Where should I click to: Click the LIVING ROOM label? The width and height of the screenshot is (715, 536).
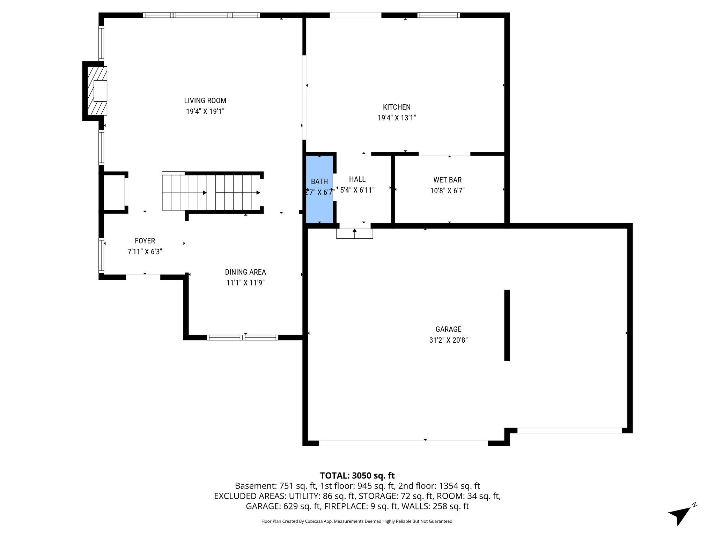(205, 100)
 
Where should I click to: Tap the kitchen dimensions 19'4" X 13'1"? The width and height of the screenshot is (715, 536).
(397, 118)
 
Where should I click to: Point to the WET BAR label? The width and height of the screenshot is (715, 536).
(447, 180)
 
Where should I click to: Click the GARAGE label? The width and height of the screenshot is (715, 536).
(448, 329)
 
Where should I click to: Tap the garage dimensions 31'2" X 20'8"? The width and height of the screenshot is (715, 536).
(448, 340)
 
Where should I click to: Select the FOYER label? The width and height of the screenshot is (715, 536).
(145, 241)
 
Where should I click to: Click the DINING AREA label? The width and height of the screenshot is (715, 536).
(245, 272)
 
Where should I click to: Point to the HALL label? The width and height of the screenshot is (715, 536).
(357, 179)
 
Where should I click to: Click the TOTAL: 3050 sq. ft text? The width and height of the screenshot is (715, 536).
(357, 476)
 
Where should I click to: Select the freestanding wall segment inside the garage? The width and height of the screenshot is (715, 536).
(507, 325)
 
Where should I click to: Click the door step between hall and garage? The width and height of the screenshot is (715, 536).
(354, 233)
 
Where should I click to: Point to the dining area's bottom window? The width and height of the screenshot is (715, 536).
(242, 337)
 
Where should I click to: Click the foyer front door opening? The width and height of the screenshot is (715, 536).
(143, 277)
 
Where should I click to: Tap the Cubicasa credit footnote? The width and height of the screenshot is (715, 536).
(357, 521)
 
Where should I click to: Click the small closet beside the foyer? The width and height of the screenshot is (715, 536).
(115, 193)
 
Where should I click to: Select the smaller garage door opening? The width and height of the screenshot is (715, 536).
(569, 431)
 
